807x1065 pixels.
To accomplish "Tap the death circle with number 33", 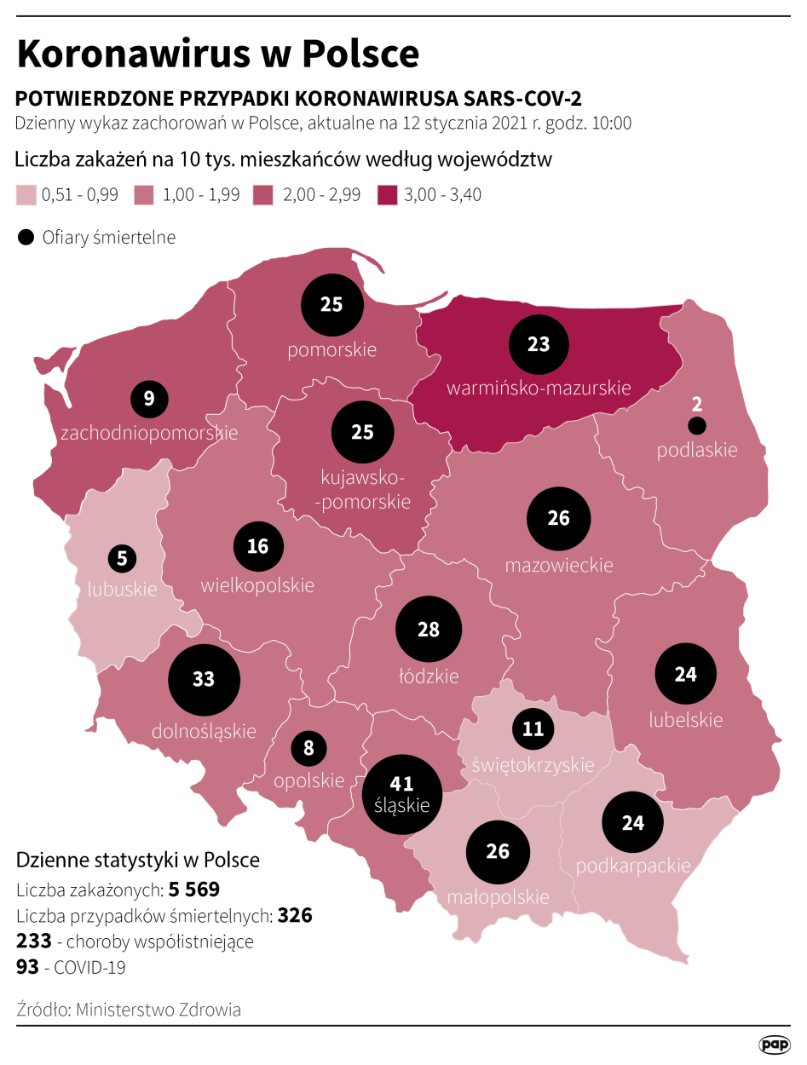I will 204,679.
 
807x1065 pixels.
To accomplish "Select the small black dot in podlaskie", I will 697,425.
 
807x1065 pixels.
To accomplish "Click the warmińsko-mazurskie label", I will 539,388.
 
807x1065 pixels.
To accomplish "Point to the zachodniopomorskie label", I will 149,433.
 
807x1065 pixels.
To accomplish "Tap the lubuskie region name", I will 122,589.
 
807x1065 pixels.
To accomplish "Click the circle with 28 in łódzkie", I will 429,629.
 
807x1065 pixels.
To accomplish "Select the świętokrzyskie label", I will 533,764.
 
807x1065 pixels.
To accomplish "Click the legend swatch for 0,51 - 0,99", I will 26,194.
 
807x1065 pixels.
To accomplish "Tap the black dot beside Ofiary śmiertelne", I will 26,237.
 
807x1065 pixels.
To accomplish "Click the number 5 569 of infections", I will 194,890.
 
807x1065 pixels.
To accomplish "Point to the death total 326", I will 295,916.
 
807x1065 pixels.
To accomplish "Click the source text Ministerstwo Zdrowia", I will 159,1010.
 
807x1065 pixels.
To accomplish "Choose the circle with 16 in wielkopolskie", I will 258,546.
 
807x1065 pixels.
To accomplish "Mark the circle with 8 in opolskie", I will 308,749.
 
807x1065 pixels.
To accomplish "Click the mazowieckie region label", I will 559,564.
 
